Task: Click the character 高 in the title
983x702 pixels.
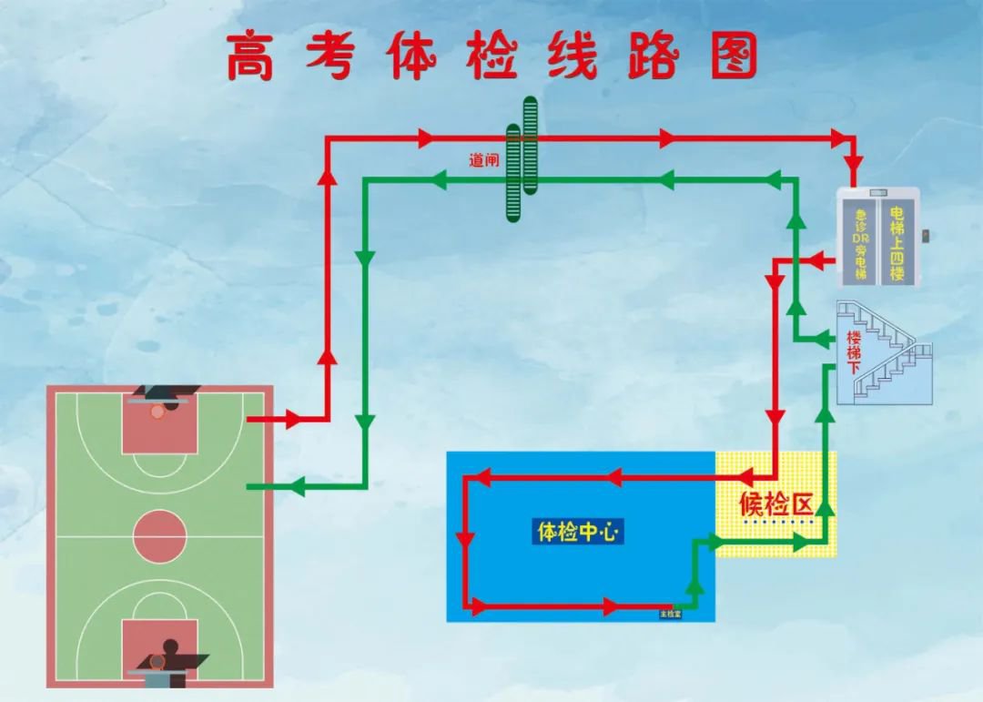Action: coord(251,56)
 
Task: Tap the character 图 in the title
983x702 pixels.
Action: coord(733,56)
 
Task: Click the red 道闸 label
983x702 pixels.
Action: coord(484,160)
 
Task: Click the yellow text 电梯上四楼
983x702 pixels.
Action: coord(897,243)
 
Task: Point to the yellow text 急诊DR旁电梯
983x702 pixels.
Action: coord(859,244)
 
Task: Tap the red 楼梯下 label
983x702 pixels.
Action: coord(855,352)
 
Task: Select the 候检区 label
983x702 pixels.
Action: coord(775,504)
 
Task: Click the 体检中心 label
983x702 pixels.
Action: coord(578,532)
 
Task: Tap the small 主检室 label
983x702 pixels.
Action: coord(670,615)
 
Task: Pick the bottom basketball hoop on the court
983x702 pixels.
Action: coord(158,662)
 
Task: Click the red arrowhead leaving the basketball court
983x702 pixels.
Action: coord(292,420)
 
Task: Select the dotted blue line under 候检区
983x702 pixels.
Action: coord(775,523)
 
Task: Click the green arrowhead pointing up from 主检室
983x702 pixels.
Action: coord(694,586)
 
